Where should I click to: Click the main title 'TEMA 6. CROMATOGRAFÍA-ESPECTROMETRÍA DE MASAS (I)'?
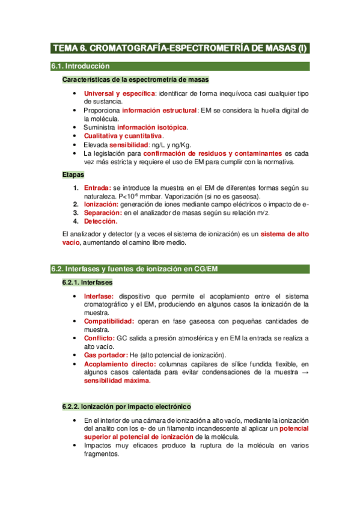click(180, 48)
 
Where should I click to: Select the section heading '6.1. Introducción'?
click(81, 67)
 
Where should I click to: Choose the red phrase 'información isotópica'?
click(152, 127)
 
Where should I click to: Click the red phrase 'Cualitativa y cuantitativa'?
click(123, 136)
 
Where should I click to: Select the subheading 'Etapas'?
click(73, 174)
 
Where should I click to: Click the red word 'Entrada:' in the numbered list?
click(97, 188)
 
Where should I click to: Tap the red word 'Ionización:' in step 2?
click(102, 204)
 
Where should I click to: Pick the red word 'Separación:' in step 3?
click(103, 213)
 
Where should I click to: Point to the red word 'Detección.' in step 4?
click(100, 221)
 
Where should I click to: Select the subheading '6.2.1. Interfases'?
click(87, 282)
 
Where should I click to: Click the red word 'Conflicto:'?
click(99, 338)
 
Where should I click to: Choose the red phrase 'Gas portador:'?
click(105, 355)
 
